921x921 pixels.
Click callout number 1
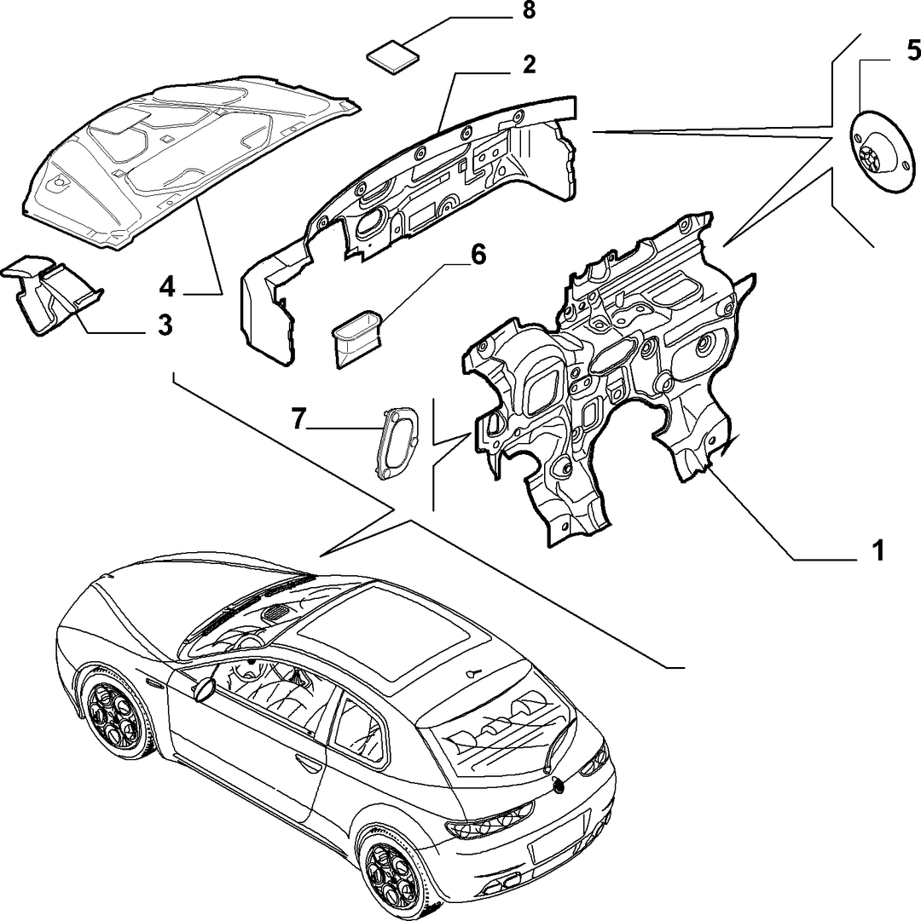pos(877,551)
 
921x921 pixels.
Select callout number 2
pos(529,64)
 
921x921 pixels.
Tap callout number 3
pos(165,325)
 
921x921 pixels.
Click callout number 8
pos(529,12)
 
